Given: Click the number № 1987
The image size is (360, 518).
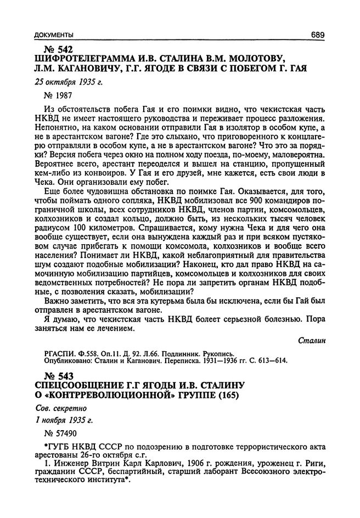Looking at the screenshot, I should [61, 96].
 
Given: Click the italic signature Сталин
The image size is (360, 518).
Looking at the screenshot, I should [312, 340].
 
